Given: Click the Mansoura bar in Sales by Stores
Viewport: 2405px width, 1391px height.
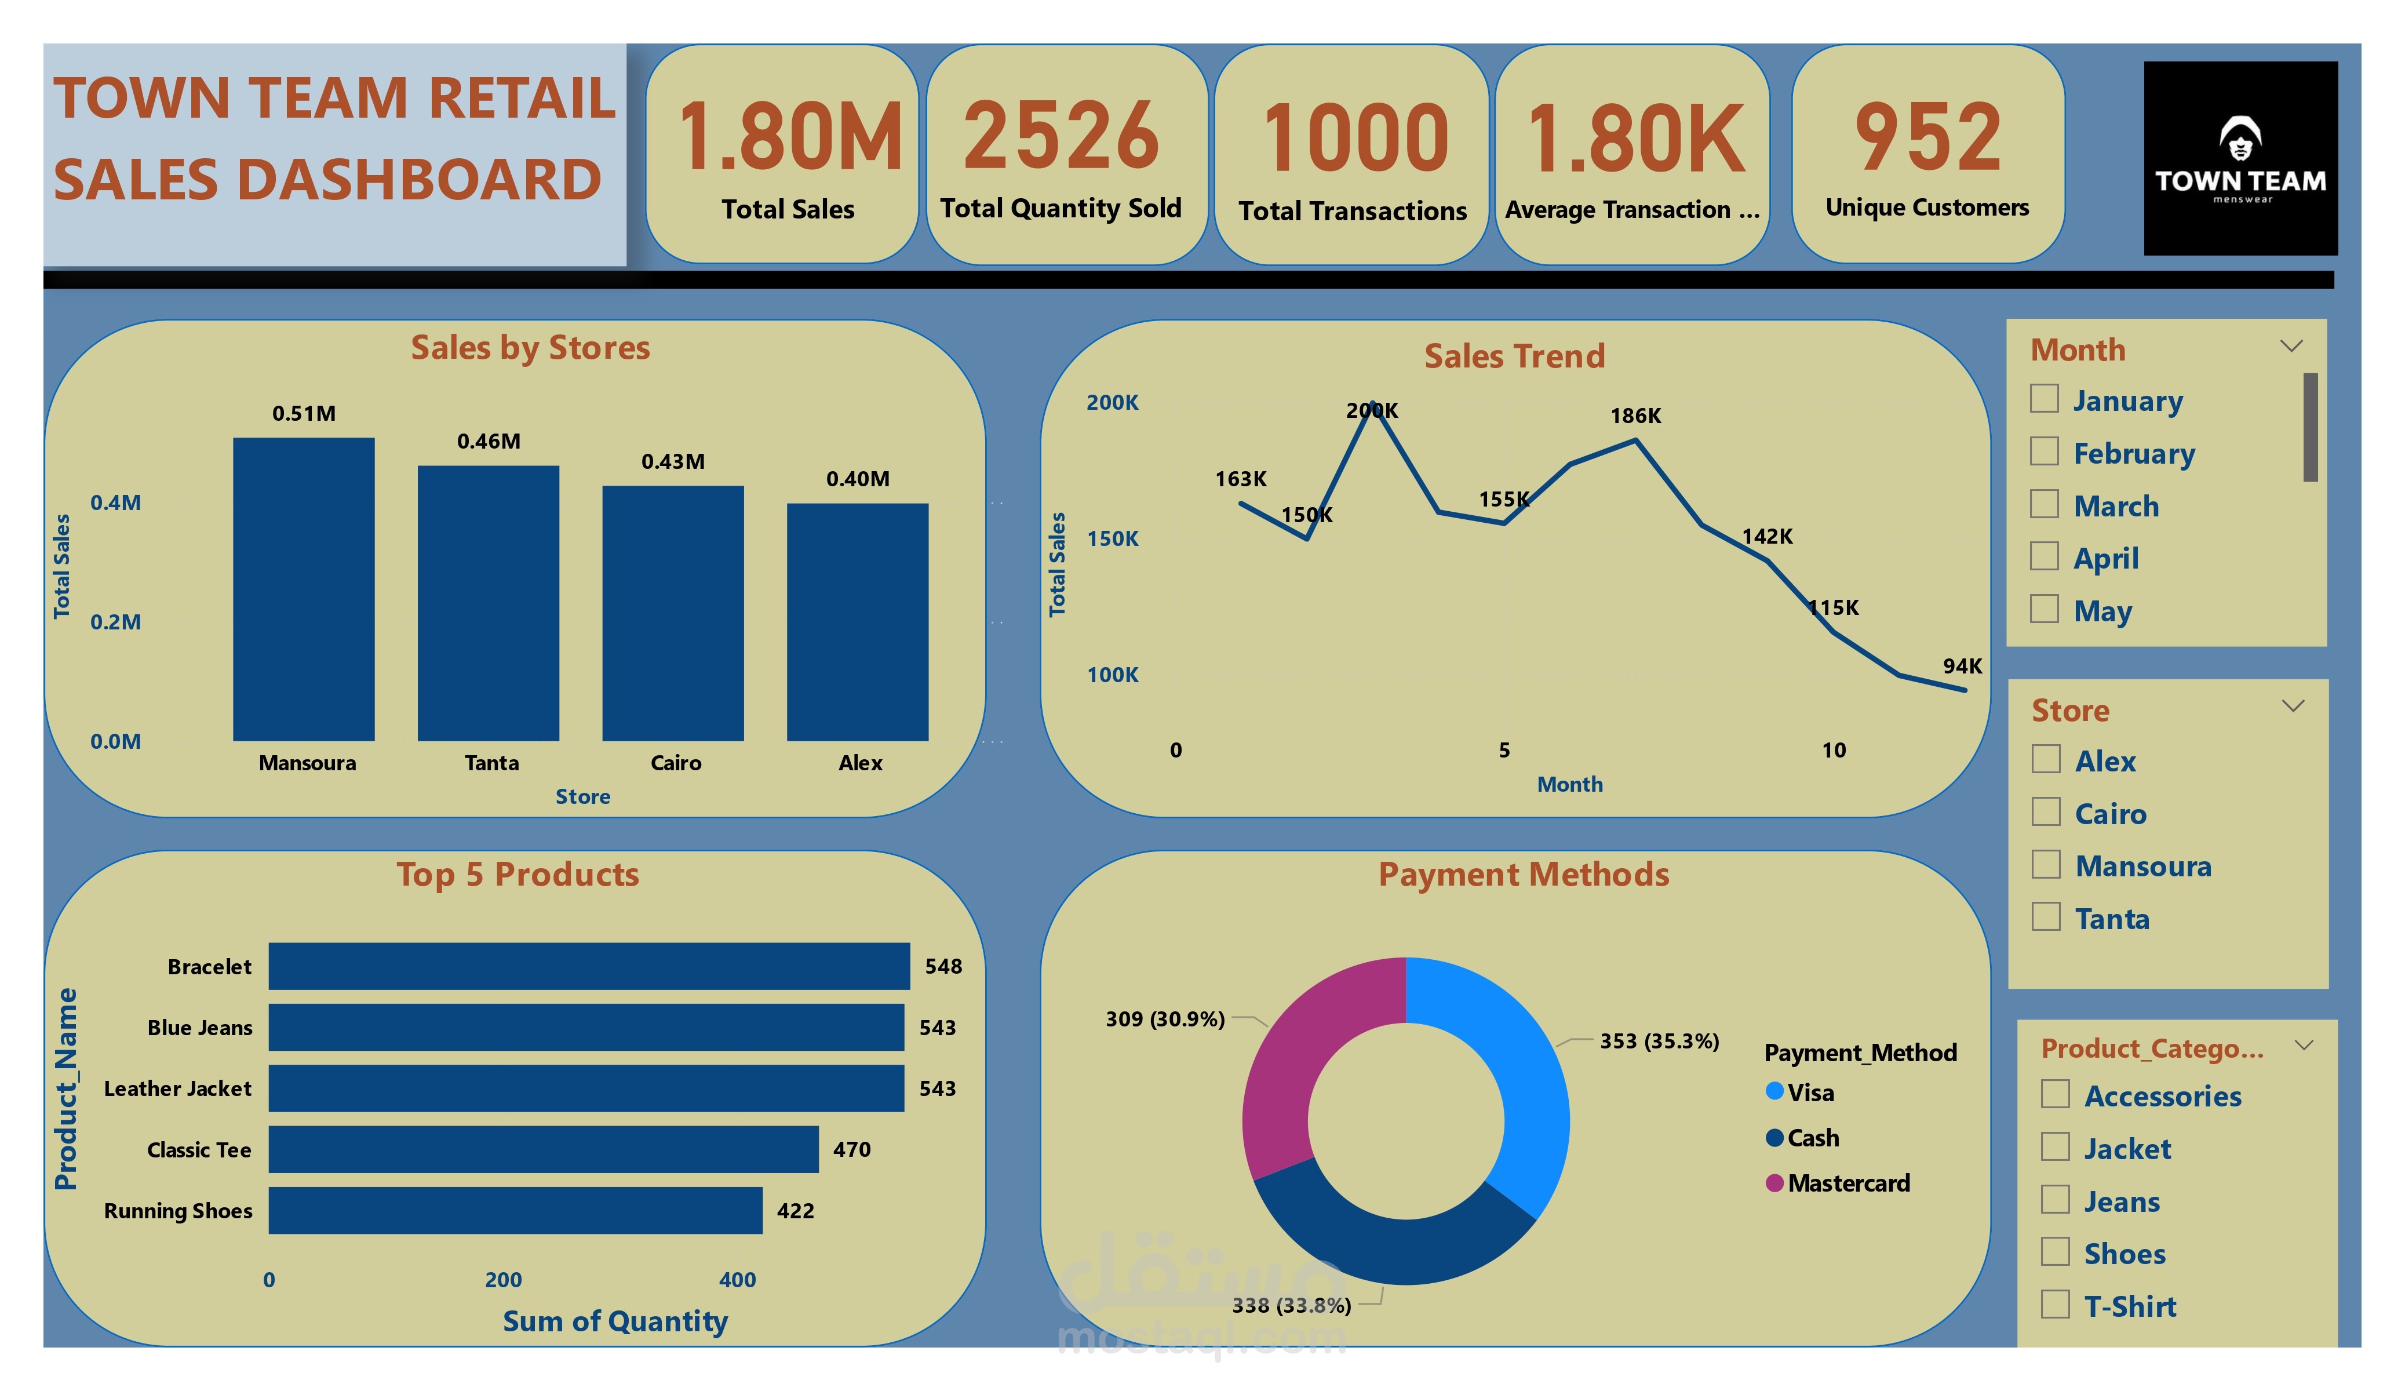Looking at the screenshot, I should [x=304, y=588].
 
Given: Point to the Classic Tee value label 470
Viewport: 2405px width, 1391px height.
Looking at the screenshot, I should [x=851, y=1149].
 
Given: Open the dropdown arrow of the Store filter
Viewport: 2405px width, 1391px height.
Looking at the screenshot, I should [x=2293, y=707].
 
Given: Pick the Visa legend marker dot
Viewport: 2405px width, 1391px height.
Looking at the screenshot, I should [x=1774, y=1091].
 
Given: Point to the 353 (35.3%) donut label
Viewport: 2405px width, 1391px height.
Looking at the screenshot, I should [x=1659, y=1040].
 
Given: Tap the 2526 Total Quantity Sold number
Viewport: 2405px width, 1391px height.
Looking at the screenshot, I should [x=1061, y=137].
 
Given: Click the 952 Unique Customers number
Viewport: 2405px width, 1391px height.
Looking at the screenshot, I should [x=1927, y=137].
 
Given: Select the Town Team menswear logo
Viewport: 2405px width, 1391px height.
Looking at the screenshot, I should [x=2240, y=158].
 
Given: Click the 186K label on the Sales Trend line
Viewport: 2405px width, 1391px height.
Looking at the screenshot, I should [x=1635, y=416].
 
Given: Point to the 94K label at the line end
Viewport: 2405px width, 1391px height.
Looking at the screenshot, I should [x=1961, y=667].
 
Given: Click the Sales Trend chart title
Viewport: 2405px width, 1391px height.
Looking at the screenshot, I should [x=1514, y=356].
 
